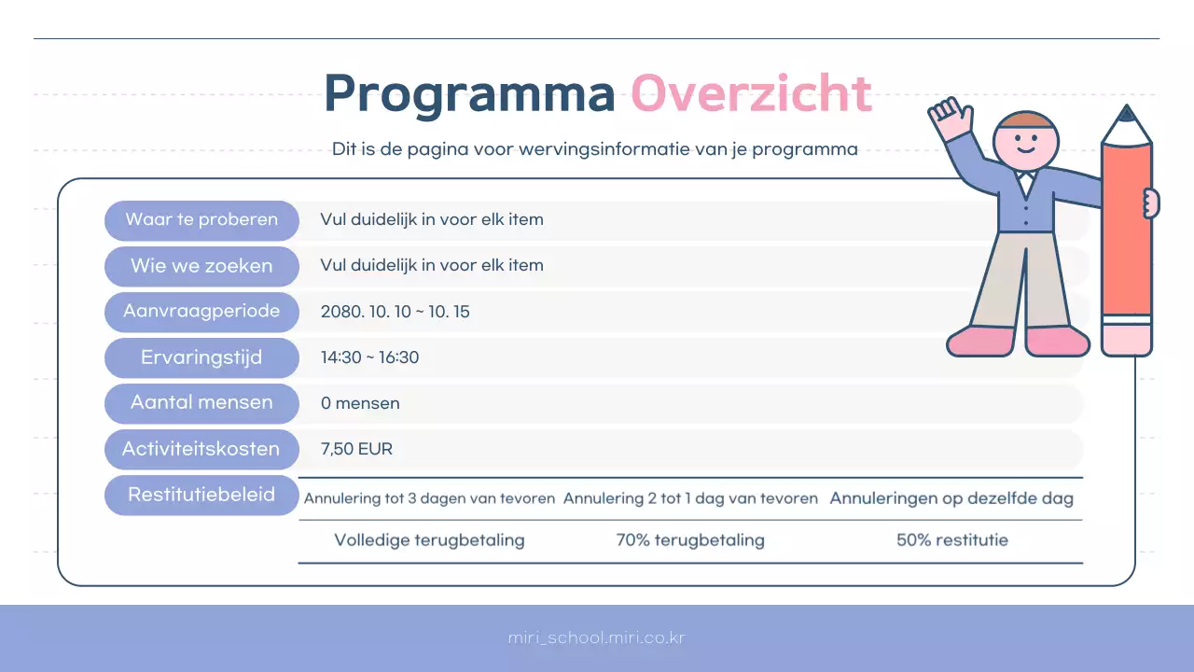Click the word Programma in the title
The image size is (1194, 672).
469,94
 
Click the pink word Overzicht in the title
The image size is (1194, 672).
752,93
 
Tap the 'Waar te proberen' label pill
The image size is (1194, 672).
201,220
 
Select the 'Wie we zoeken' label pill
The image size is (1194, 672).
201,266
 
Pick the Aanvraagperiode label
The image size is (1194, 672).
201,312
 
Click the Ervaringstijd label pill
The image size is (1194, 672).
201,357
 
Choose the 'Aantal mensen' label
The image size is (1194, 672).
201,403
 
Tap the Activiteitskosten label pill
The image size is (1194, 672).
201,449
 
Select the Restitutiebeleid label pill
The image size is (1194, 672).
201,495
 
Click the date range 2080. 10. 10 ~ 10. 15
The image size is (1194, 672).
395,313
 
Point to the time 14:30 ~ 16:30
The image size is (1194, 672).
369,357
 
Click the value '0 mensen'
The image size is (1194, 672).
360,403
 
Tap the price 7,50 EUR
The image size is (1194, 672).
356,449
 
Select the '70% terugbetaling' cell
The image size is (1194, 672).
690,540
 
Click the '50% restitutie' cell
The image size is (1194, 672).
951,540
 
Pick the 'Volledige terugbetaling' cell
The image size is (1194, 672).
429,540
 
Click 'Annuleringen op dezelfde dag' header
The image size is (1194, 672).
951,498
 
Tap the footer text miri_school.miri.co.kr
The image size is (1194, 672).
597,638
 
